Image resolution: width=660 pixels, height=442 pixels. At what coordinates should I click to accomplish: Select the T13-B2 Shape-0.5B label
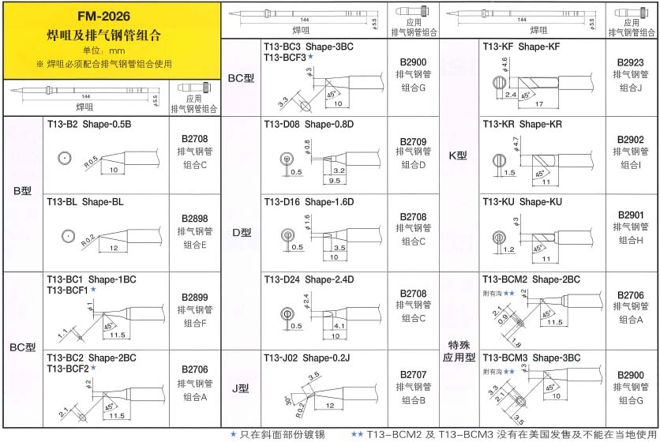[x=88, y=124]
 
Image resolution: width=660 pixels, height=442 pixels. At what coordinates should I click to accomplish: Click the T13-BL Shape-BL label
[x=85, y=201]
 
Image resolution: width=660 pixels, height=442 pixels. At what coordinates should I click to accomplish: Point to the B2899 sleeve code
[x=194, y=297]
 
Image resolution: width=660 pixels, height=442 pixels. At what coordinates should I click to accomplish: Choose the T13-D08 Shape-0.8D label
[x=309, y=125]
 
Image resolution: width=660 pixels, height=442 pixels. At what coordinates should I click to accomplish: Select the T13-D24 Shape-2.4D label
[x=309, y=279]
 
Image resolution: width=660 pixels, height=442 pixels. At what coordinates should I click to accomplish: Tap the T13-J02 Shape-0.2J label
[x=307, y=357]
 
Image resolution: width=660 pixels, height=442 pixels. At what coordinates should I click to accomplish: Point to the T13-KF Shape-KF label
[x=521, y=47]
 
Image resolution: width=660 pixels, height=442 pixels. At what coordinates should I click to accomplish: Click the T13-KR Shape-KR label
[x=522, y=125]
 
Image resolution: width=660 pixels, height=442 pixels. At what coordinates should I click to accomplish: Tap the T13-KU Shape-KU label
[x=522, y=201]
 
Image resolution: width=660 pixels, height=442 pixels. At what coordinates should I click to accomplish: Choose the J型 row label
[x=241, y=388]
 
